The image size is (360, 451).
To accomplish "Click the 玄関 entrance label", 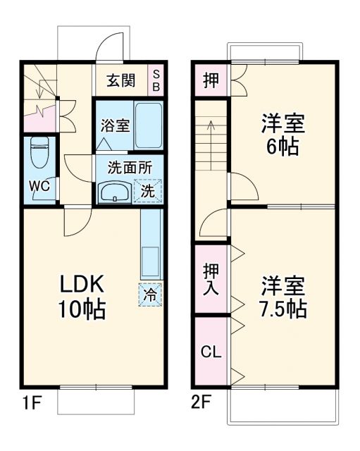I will click(120, 80).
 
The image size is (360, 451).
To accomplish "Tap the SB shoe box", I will click(157, 80).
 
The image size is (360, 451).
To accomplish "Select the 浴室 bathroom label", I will click(115, 126).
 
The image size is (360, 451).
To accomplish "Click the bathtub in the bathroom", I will click(149, 125).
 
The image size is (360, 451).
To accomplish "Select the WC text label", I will click(39, 187).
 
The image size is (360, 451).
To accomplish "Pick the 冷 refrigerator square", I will click(149, 295).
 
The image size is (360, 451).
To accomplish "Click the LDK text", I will click(81, 285).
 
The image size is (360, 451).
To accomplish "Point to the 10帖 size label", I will click(81, 309).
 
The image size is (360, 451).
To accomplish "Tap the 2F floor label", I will click(201, 404).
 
